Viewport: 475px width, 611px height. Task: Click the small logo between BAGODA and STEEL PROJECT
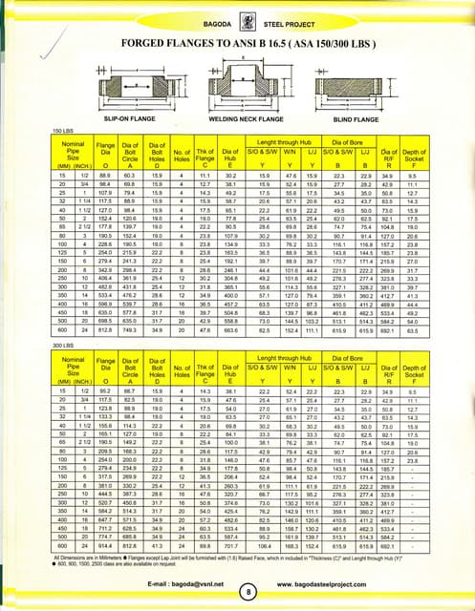(x=236, y=12)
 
